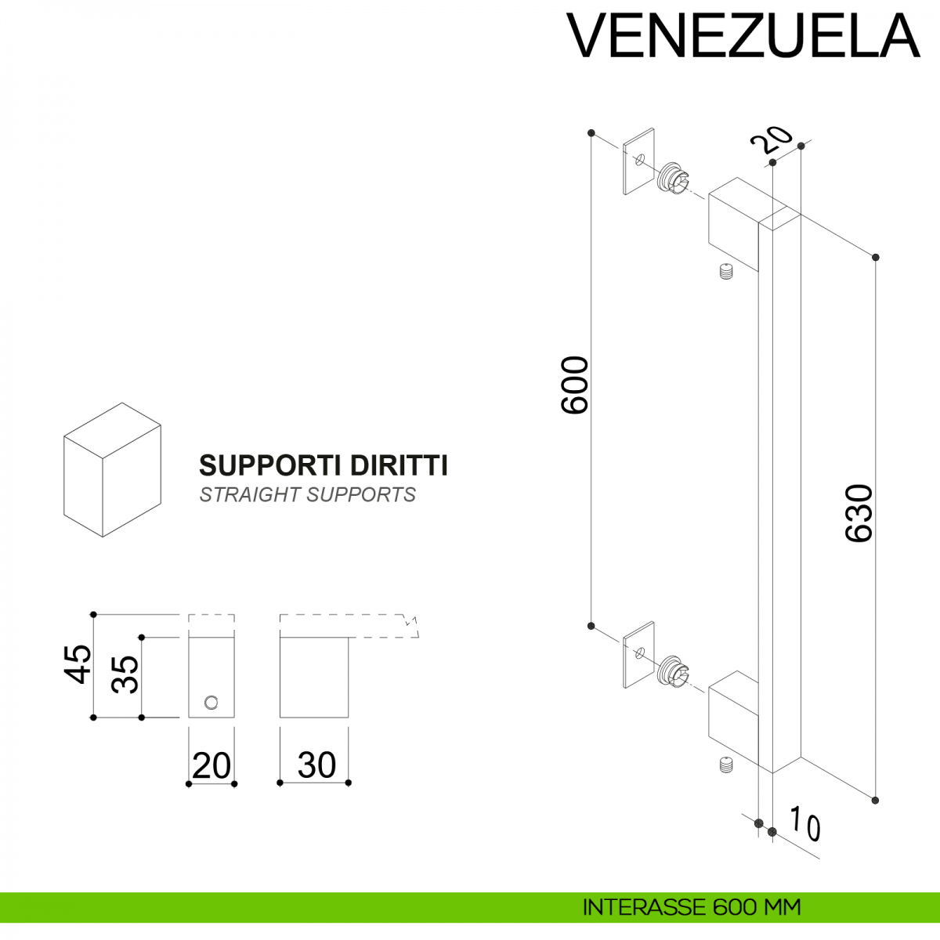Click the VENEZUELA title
click(x=743, y=35)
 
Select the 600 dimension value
click(x=575, y=385)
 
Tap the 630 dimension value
click(x=859, y=513)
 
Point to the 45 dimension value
click(x=78, y=663)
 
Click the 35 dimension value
click(x=125, y=674)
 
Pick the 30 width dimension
click(x=316, y=765)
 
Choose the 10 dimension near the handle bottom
click(x=804, y=824)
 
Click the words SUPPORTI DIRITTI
click(x=323, y=465)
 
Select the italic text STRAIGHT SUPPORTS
click(x=307, y=495)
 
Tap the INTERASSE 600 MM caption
click(x=692, y=907)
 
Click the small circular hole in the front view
click(x=211, y=703)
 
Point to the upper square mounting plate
click(x=638, y=161)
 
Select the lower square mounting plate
click(x=638, y=655)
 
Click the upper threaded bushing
click(x=673, y=179)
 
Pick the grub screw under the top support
click(x=726, y=273)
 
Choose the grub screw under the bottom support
click(x=726, y=765)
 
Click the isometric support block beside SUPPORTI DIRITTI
click(x=112, y=470)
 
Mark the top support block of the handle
click(x=732, y=224)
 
